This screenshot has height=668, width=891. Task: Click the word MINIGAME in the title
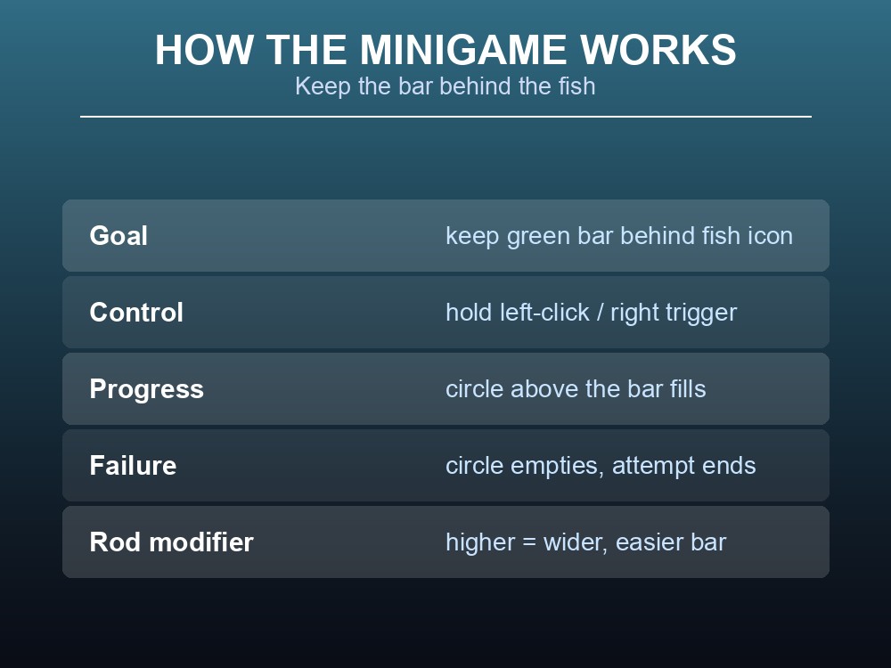[x=462, y=50]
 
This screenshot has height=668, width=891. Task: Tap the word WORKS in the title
[x=658, y=50]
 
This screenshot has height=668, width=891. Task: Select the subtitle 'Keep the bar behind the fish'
[x=445, y=86]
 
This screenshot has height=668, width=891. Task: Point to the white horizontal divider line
[x=445, y=117]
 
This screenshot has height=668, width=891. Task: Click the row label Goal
[x=119, y=236]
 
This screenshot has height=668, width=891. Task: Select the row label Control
[x=136, y=313]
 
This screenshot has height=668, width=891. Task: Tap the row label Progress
[x=147, y=390]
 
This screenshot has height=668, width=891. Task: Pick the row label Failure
[x=133, y=466]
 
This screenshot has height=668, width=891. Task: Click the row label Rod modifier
[x=171, y=542]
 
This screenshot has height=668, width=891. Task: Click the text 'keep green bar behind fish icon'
[x=619, y=236]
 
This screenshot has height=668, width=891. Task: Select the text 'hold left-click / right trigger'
[x=591, y=313]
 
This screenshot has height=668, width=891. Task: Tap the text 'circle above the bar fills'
[x=576, y=389]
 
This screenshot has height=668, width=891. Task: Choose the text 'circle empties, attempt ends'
[x=601, y=467]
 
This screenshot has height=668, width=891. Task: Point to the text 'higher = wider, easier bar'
[x=586, y=542]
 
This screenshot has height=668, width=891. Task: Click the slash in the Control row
[x=600, y=313]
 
